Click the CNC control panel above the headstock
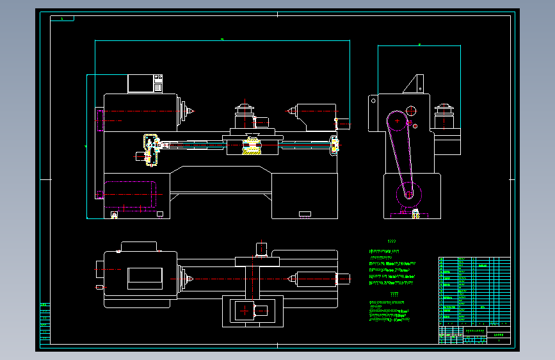(x=145, y=83)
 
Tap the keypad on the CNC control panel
(x=157, y=83)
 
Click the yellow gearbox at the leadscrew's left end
(x=151, y=149)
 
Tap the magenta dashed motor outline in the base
(x=129, y=194)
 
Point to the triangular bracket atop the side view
(x=413, y=84)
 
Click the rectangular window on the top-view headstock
(x=145, y=277)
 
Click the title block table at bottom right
(x=474, y=300)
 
